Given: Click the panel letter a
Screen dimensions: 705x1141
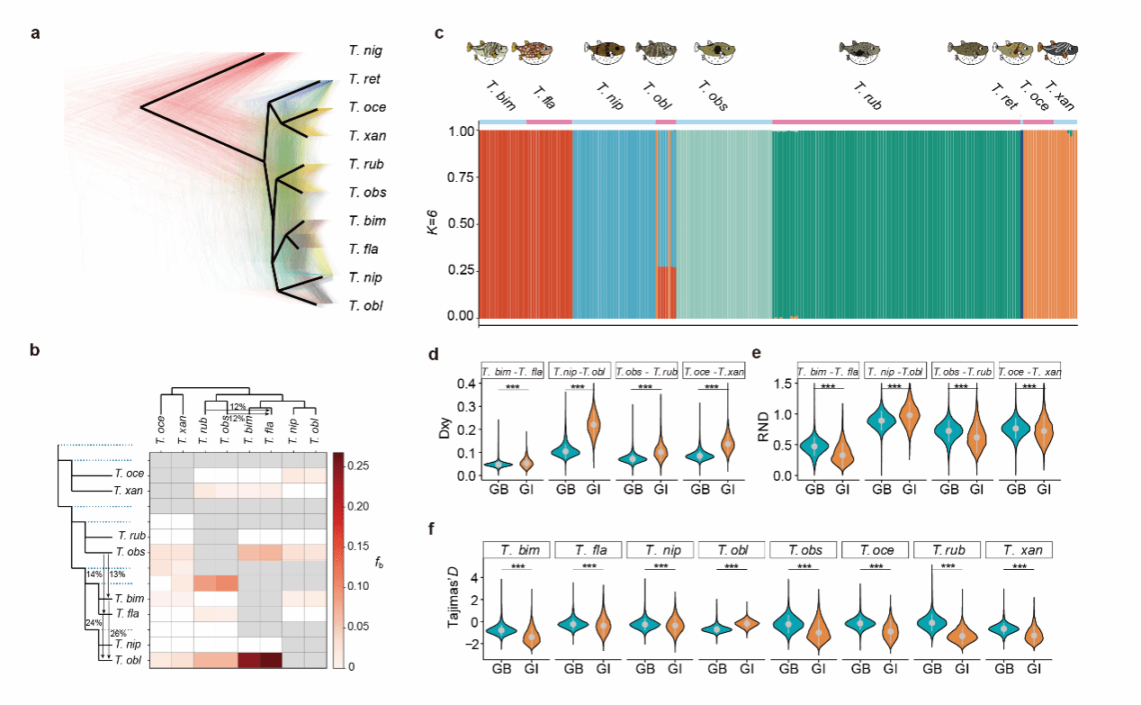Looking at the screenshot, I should coord(35,34).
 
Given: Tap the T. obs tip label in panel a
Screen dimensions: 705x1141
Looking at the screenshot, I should coord(367,193).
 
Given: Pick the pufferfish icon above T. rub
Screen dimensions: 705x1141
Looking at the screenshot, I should coord(860,53).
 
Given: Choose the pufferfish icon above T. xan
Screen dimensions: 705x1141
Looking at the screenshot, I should coord(1057,53).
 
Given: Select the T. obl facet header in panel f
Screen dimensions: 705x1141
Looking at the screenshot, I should coord(730,549).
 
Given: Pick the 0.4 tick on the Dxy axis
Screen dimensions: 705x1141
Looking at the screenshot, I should coord(460,384).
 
